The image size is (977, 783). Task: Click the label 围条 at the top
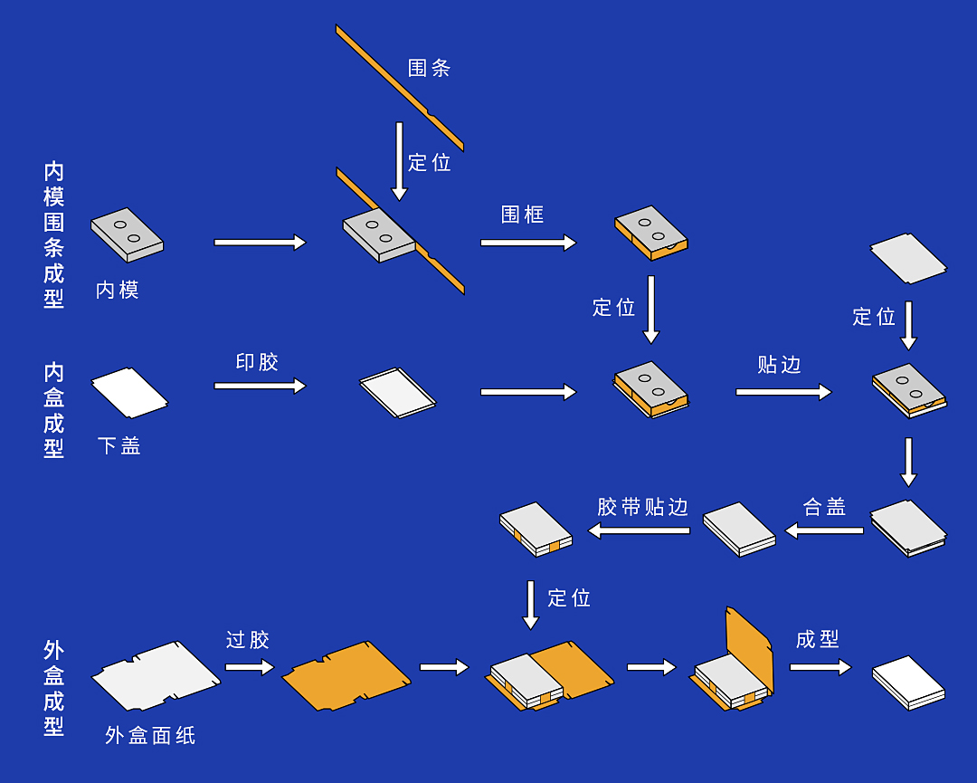429,68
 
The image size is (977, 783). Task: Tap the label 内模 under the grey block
118,290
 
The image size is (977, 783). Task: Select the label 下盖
119,445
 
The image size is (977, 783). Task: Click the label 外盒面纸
150,735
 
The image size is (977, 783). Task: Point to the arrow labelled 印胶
260,386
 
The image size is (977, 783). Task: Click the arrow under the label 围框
528,243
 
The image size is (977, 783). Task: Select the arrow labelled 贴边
783,392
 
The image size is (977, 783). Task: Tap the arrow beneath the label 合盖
824,530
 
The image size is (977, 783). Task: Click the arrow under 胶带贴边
640,530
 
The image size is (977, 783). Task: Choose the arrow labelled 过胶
250,667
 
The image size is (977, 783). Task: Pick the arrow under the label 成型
820,667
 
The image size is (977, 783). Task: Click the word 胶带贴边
643,507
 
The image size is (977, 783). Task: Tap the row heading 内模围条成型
54,235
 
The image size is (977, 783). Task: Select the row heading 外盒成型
54,688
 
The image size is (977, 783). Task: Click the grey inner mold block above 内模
127,234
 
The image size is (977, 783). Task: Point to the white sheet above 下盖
128,392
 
